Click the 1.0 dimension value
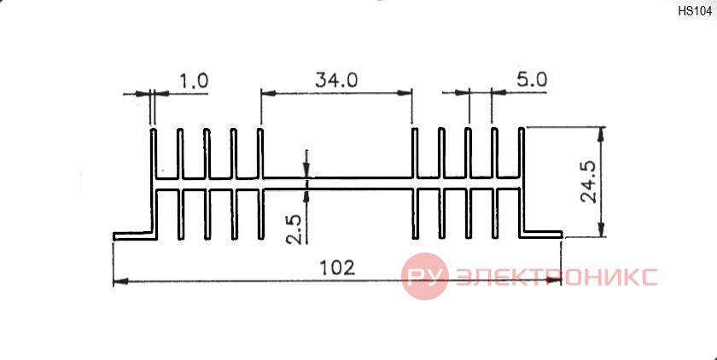(x=194, y=81)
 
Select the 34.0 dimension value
(x=336, y=80)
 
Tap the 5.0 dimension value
(x=532, y=80)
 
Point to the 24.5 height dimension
(x=588, y=182)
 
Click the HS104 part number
(x=695, y=12)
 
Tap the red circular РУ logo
(x=425, y=276)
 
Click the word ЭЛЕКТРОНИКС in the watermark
(x=557, y=277)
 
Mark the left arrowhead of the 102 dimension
(x=119, y=282)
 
